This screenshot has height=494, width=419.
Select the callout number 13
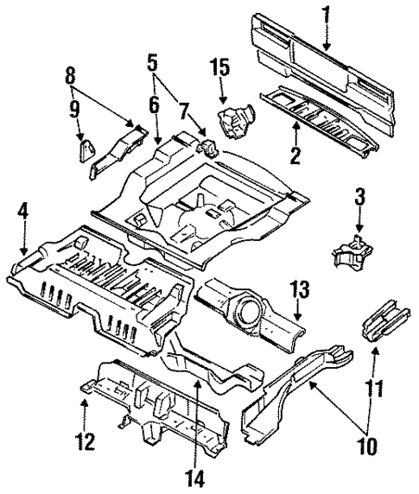pyautogui.click(x=298, y=288)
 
